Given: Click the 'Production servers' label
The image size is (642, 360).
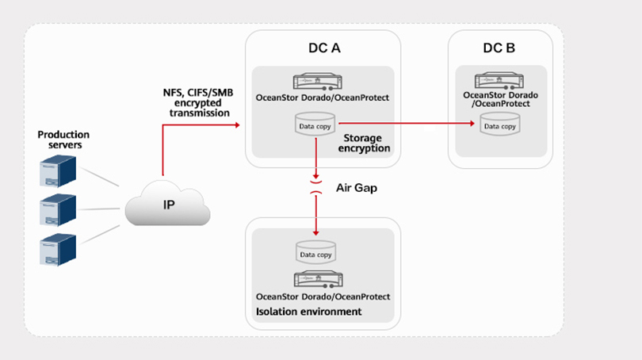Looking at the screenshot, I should click(x=63, y=140).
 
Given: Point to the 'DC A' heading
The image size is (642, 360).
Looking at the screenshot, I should click(x=324, y=48).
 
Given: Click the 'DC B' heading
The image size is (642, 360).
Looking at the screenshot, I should click(x=499, y=48).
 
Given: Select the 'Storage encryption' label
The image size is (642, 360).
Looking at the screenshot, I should click(x=364, y=143).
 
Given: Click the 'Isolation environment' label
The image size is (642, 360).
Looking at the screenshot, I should click(x=309, y=312).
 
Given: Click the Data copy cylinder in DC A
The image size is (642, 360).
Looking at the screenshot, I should click(x=316, y=124).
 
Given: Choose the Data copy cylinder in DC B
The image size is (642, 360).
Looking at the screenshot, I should click(x=500, y=124).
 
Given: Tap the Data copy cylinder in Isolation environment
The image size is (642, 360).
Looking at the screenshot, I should click(x=316, y=253).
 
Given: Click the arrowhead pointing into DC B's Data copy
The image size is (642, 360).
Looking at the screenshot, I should click(x=472, y=123).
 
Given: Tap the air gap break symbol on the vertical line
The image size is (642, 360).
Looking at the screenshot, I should click(x=316, y=186).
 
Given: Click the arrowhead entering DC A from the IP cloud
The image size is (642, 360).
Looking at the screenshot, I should click(x=237, y=123).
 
